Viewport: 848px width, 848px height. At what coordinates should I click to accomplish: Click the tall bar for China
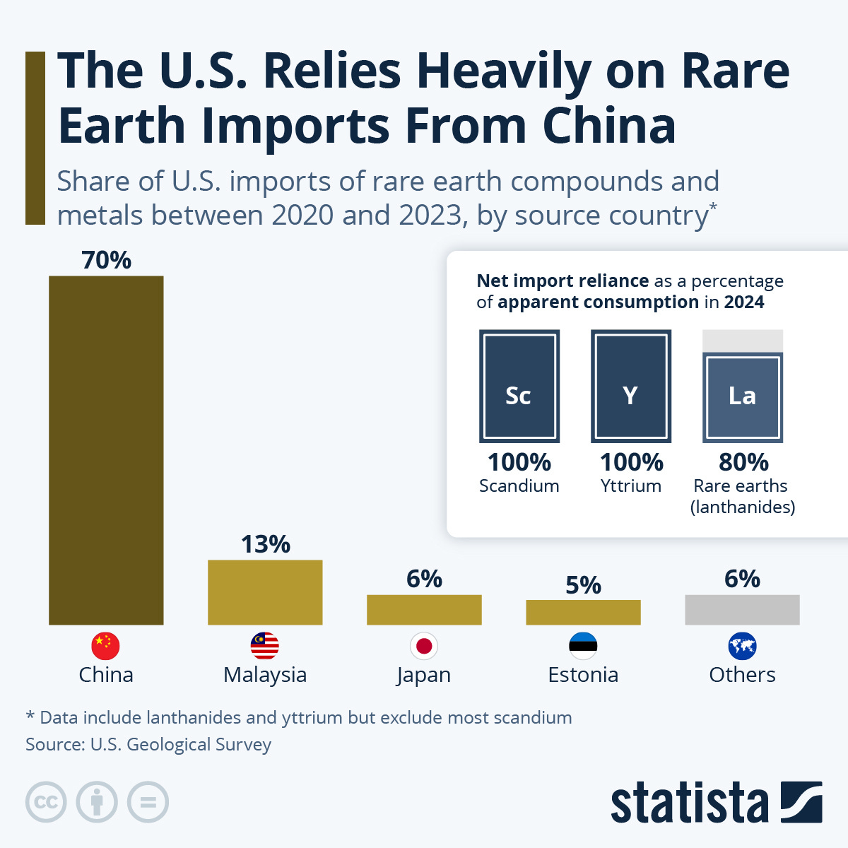pyautogui.click(x=106, y=450)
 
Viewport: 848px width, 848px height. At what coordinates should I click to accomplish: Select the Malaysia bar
pyautogui.click(x=265, y=592)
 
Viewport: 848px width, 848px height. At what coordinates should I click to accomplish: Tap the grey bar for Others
pyautogui.click(x=742, y=609)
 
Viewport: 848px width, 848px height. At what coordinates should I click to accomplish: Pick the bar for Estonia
pyautogui.click(x=583, y=612)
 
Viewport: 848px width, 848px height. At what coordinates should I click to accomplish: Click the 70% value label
pyautogui.click(x=106, y=260)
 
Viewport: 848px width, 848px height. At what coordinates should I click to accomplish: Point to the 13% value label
pyautogui.click(x=265, y=544)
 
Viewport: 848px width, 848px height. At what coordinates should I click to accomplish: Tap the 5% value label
pyautogui.click(x=583, y=585)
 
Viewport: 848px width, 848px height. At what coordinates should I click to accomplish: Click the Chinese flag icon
pyautogui.click(x=106, y=646)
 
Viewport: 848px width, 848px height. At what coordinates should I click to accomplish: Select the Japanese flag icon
pyautogui.click(x=424, y=646)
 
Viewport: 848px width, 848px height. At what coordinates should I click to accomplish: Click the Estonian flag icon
pyautogui.click(x=583, y=646)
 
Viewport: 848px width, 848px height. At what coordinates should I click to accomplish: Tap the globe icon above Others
pyautogui.click(x=742, y=646)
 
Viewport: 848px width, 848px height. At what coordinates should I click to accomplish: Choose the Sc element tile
pyautogui.click(x=519, y=387)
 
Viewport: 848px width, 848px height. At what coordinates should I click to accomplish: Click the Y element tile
pyautogui.click(x=630, y=387)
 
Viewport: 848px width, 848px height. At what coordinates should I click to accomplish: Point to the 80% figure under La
pyautogui.click(x=743, y=462)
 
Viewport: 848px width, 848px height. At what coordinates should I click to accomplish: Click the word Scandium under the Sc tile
pyautogui.click(x=519, y=486)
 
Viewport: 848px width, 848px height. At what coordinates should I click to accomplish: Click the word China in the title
pyautogui.click(x=608, y=126)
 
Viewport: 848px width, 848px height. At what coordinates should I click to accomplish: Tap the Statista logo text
pyautogui.click(x=689, y=803)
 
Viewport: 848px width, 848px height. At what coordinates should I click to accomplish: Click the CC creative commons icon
pyautogui.click(x=46, y=803)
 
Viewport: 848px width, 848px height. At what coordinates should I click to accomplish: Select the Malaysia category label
pyautogui.click(x=265, y=675)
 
